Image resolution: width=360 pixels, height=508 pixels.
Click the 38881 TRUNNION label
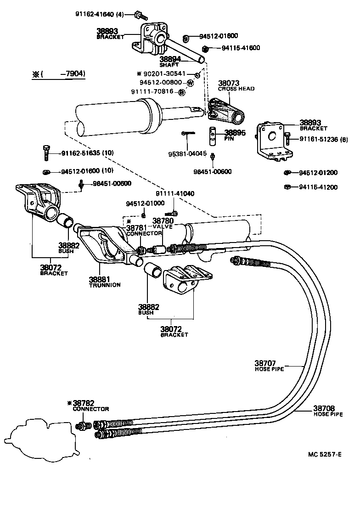point(104,282)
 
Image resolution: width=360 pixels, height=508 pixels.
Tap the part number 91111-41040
point(174,194)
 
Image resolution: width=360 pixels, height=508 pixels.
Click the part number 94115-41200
point(318,187)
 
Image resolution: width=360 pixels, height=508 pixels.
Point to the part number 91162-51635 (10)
point(86,153)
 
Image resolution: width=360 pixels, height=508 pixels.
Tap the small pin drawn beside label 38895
point(214,134)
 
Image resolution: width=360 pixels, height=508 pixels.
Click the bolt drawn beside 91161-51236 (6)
point(287,138)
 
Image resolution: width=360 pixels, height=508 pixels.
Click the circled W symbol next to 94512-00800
point(190,83)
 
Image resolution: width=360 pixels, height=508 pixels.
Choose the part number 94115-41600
point(241,48)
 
